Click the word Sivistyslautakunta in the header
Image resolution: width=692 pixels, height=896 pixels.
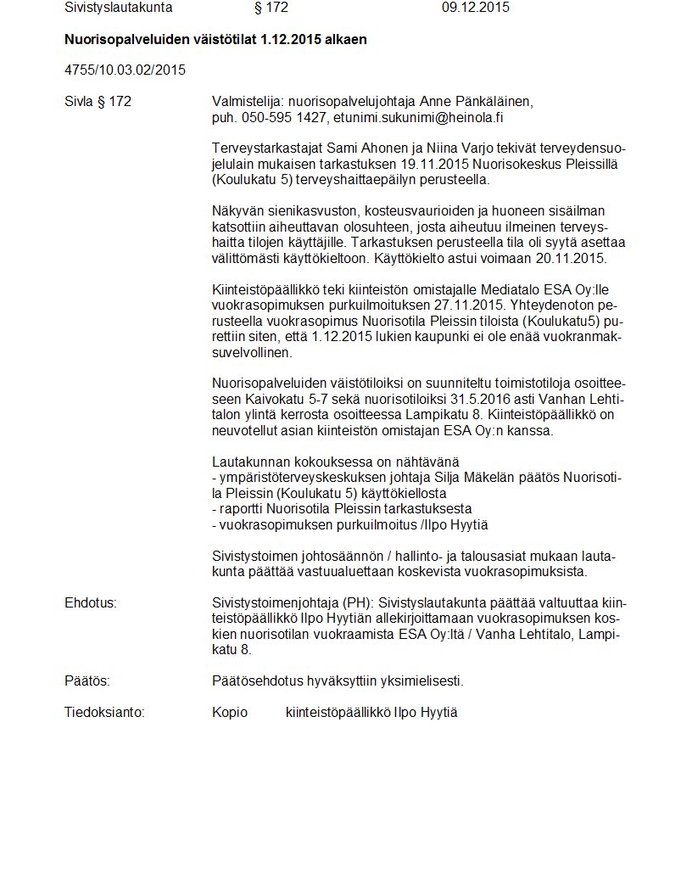[119, 8]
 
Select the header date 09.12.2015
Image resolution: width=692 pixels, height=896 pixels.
[476, 8]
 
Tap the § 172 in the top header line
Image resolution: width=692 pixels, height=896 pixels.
[271, 8]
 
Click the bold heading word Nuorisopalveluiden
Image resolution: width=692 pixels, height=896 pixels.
[129, 40]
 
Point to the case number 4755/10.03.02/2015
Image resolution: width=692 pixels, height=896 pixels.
[125, 70]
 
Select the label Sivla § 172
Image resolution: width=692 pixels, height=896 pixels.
[98, 102]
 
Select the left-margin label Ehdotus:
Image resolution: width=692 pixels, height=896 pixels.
[91, 602]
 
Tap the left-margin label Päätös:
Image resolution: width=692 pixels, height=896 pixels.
[87, 681]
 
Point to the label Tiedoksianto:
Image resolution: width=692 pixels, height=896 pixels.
[105, 713]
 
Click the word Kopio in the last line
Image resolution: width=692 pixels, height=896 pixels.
[230, 713]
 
